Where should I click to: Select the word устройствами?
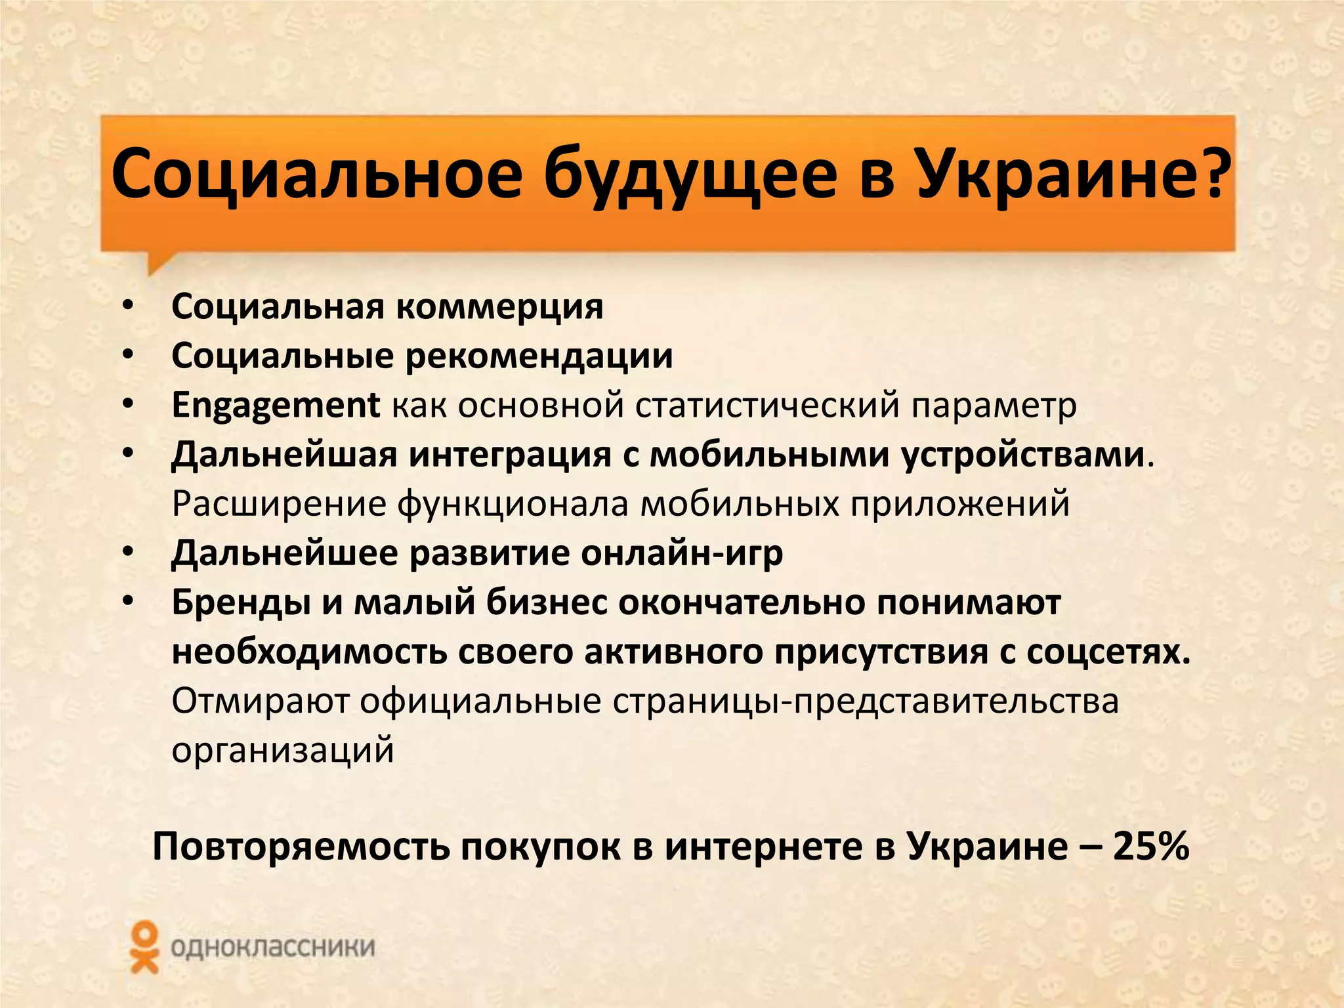pos(1022,455)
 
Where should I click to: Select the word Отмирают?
pos(261,701)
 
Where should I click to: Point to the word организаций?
pos(283,750)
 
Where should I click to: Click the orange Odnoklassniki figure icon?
pos(144,947)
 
